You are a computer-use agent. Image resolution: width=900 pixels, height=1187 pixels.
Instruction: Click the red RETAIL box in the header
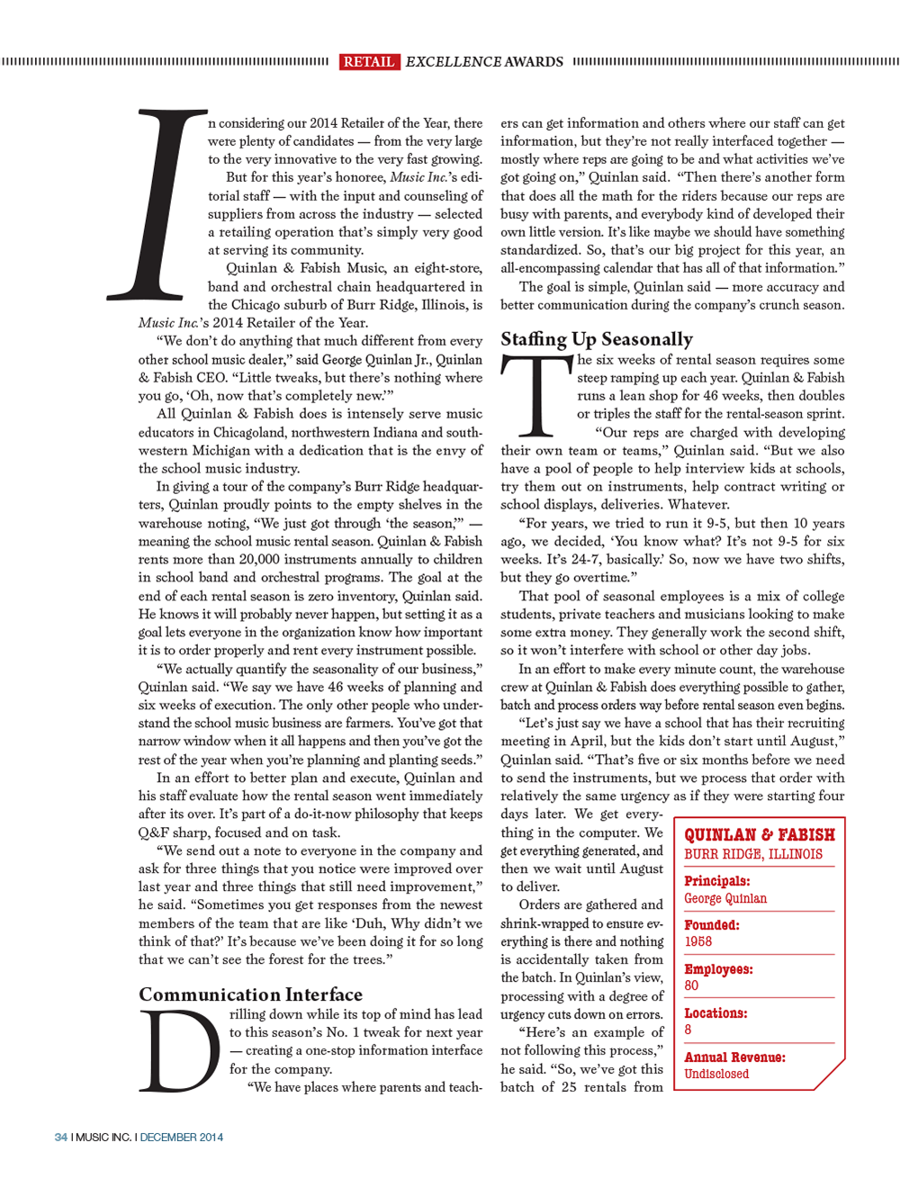click(369, 61)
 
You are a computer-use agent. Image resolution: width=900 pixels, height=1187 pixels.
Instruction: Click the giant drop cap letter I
click(157, 205)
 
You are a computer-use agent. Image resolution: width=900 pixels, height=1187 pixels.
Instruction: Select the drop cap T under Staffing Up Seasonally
click(537, 395)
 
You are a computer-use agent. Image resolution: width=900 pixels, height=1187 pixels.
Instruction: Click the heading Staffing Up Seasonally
click(597, 339)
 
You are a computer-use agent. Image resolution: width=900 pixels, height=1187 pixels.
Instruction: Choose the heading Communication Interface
click(250, 994)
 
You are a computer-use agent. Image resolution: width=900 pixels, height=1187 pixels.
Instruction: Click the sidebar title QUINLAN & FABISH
click(760, 834)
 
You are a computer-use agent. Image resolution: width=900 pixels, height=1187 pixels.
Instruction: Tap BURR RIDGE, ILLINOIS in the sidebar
click(753, 854)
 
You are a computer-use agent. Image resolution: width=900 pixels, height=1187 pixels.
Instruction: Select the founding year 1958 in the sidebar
click(697, 941)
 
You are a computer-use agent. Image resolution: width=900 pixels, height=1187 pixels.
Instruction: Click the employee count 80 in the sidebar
click(691, 985)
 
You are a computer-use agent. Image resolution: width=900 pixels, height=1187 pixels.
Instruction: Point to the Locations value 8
click(688, 1030)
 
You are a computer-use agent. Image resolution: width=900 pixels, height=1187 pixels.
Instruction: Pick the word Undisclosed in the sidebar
click(716, 1074)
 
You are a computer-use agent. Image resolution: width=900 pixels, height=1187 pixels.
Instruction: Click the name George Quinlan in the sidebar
click(725, 898)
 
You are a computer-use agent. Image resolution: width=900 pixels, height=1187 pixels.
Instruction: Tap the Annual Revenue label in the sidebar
click(734, 1057)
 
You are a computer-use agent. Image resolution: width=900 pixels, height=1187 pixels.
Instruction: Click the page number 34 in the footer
click(61, 1137)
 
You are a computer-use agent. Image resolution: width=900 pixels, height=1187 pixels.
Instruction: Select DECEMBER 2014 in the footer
click(182, 1137)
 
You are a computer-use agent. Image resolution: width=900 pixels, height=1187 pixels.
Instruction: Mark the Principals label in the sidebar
click(716, 881)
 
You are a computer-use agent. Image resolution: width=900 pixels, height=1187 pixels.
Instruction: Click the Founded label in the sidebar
click(711, 925)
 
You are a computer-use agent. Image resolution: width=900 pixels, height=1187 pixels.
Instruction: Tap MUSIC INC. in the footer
click(103, 1137)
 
